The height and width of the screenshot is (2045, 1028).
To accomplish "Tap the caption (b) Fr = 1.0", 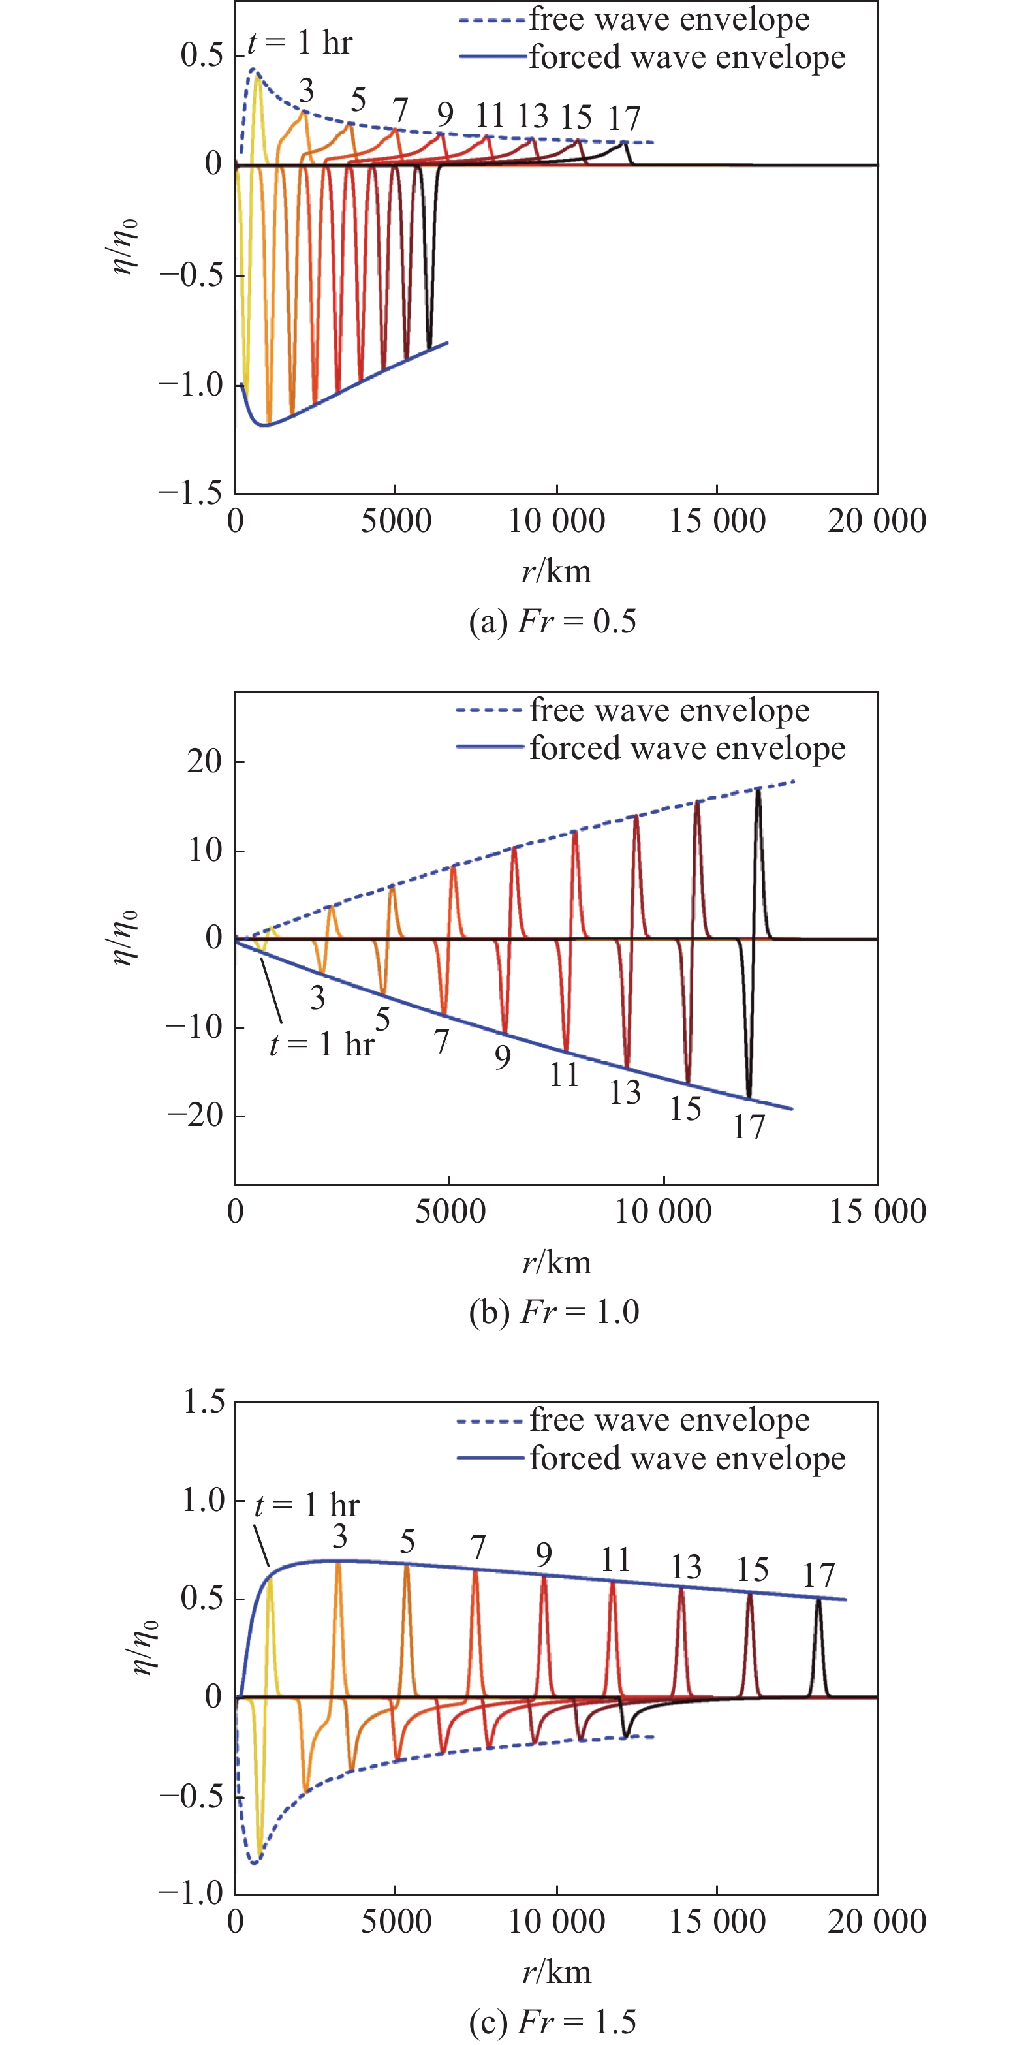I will (553, 1312).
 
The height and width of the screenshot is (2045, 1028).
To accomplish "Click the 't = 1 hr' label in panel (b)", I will (322, 1045).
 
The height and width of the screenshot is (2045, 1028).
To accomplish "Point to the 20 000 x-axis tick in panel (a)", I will (877, 522).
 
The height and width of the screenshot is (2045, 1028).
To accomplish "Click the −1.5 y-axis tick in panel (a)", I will (191, 493).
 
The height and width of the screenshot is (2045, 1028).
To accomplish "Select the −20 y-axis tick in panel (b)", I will (195, 1116).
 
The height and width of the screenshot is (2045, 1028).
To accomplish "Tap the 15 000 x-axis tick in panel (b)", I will (877, 1212).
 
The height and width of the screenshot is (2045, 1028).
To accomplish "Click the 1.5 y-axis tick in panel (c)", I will (204, 1402).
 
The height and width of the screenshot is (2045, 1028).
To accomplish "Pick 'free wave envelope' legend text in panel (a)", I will (669, 19).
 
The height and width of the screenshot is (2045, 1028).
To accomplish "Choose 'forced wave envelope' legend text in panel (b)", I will (687, 748).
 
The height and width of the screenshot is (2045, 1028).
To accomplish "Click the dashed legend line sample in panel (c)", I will (489, 1421).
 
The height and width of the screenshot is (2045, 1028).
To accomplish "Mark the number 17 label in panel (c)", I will (818, 1576).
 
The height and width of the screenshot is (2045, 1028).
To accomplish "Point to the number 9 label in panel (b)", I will (503, 1057).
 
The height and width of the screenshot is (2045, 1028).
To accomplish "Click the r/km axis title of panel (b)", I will (557, 1262).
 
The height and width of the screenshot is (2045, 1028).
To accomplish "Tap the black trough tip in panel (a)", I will (429, 347).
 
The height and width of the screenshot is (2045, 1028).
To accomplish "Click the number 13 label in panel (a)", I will (533, 117).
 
